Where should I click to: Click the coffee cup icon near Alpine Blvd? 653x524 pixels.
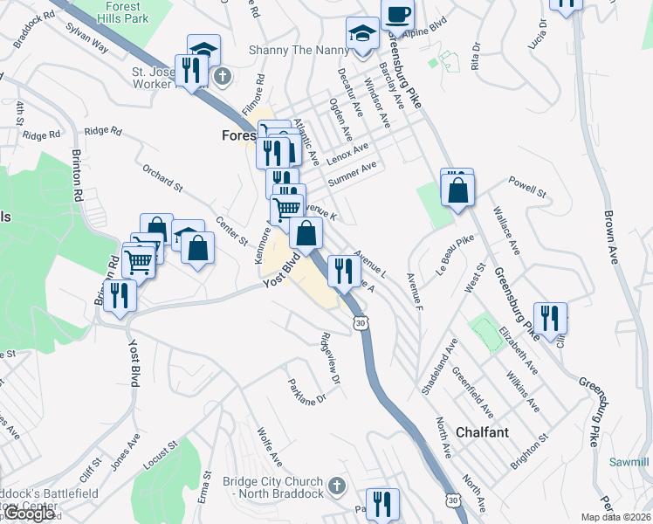tap(397, 16)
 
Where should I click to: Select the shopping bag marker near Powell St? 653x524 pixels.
tap(457, 189)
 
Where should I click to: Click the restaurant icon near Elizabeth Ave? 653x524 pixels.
tap(549, 319)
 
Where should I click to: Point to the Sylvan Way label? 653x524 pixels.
tap(86, 38)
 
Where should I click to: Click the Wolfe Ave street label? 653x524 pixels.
tap(270, 445)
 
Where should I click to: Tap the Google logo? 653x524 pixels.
tap(30, 514)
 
